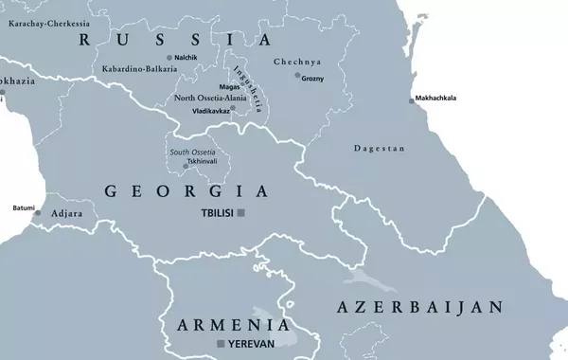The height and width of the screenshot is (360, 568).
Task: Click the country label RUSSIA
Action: tap(175, 40)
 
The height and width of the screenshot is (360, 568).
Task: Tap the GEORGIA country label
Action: tap(186, 191)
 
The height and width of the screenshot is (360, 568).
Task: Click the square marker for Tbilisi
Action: tap(241, 213)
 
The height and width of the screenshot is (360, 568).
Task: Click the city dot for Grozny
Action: tap(297, 76)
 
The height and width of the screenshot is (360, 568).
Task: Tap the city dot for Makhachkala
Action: tap(411, 100)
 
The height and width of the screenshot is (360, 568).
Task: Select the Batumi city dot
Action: tap(38, 213)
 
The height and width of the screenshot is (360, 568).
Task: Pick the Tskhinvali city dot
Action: tap(186, 166)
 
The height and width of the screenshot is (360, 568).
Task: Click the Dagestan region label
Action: tap(379, 149)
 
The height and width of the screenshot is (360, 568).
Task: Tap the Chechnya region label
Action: tap(297, 62)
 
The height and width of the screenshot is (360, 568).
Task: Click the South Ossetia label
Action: tap(192, 153)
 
